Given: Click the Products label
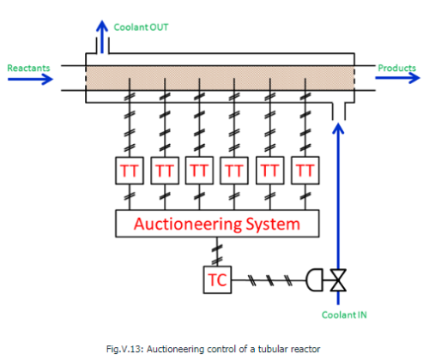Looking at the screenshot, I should pyautogui.click(x=396, y=66).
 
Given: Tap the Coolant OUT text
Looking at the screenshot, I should pyautogui.click(x=142, y=28).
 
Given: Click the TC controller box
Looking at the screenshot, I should pyautogui.click(x=214, y=279).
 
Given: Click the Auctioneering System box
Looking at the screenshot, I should pyautogui.click(x=218, y=225).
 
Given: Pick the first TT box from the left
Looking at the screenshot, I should pyautogui.click(x=131, y=171).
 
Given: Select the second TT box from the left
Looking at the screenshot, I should pyautogui.click(x=165, y=171).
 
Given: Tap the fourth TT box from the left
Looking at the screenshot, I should pyautogui.click(x=234, y=171).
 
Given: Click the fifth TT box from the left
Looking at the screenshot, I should pyautogui.click(x=269, y=171).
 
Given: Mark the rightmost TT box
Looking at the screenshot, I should pyautogui.click(x=303, y=171).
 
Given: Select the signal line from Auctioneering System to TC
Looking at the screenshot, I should pyautogui.click(x=214, y=252).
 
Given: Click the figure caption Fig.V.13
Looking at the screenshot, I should pyautogui.click(x=214, y=346).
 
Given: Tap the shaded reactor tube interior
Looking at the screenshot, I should pyautogui.click(x=219, y=75).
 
